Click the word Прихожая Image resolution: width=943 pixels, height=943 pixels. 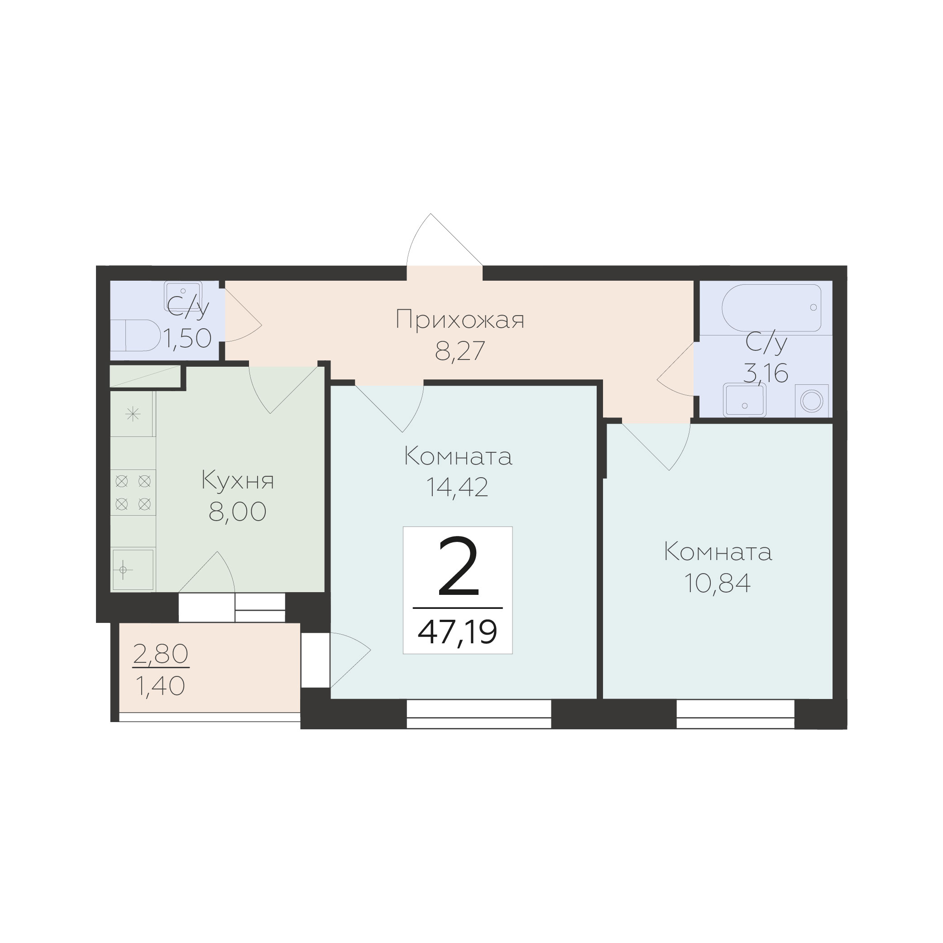click(460, 320)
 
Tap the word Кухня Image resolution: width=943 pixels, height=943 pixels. click(238, 481)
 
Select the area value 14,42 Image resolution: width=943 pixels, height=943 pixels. click(457, 487)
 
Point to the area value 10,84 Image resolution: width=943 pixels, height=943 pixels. click(717, 583)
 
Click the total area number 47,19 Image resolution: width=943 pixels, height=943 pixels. click(457, 632)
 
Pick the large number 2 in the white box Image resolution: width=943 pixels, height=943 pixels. click(458, 566)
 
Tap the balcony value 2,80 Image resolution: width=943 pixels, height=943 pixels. click(161, 655)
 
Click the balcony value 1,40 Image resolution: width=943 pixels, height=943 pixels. click(160, 686)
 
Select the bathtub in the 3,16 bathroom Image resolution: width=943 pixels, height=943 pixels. click(771, 308)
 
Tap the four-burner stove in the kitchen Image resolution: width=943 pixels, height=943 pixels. click(133, 493)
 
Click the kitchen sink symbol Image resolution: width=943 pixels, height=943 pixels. click(133, 570)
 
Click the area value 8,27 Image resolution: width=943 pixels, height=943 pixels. click(460, 350)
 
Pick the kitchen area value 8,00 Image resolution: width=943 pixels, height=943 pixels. click(238, 512)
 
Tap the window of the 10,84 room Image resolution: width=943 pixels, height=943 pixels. click(736, 713)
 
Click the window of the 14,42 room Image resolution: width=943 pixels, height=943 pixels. click(479, 713)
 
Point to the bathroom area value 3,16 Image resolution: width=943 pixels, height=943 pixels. click(766, 374)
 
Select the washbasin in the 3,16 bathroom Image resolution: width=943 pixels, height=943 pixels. click(744, 400)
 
